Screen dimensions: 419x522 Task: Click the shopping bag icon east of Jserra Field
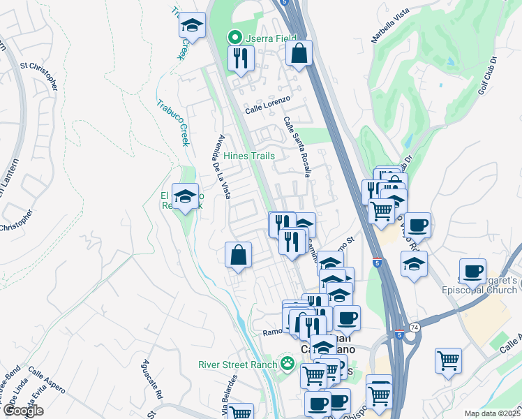point(299,53)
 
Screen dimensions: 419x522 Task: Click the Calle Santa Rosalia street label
point(297,147)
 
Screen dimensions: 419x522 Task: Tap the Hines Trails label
point(249,156)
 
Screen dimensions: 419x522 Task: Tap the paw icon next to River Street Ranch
point(286,362)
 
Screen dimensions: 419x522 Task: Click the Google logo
point(23,411)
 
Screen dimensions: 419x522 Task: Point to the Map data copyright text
point(492,413)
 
